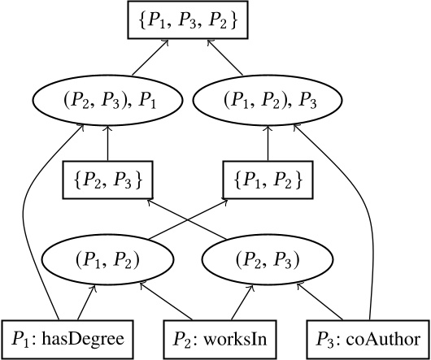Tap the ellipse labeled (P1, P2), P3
(x=268, y=100)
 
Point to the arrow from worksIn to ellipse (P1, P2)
(x=167, y=300)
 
